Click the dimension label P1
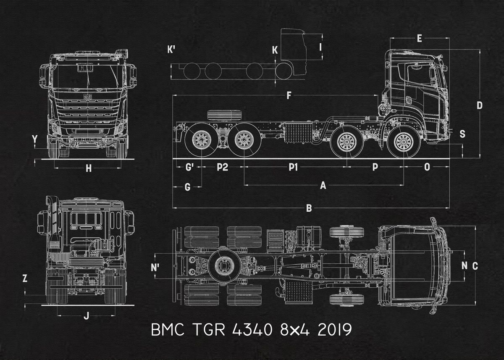coord(293,167)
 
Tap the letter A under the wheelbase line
coord(323,185)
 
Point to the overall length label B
coord(309,208)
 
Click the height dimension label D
coord(480,105)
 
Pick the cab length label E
coord(419,39)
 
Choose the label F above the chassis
coord(289,96)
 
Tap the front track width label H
coord(88,168)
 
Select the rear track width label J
coord(87,316)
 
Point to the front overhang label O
coord(427,167)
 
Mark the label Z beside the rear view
coord(25,278)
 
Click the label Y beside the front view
coord(35,139)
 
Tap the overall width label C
coord(475,265)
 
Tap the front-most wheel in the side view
coord(404,143)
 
